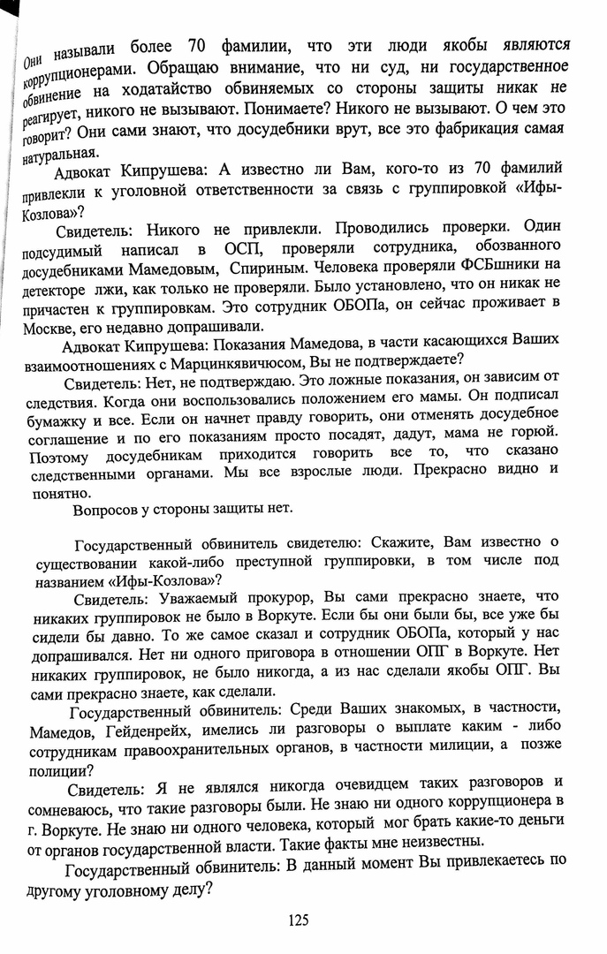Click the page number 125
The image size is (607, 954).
point(299,920)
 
